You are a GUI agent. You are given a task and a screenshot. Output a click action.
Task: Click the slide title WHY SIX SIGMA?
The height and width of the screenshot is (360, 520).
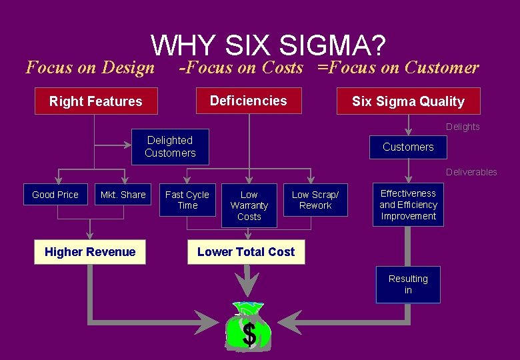[268, 45]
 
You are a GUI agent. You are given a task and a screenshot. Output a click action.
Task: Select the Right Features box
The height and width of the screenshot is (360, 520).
[96, 101]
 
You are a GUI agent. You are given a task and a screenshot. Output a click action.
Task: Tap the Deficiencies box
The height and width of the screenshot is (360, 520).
[248, 101]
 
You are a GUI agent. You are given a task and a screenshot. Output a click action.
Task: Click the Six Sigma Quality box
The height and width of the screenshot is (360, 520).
[408, 101]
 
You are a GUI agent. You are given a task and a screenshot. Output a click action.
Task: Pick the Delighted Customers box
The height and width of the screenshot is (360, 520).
[170, 147]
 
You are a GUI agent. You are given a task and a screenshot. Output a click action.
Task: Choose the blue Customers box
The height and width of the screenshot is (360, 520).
[408, 147]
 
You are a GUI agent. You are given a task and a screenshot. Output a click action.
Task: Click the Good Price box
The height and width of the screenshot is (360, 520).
[55, 195]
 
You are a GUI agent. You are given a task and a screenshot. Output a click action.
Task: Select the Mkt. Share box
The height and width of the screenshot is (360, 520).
[123, 195]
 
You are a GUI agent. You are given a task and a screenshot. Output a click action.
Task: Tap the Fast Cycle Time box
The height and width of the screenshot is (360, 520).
[187, 200]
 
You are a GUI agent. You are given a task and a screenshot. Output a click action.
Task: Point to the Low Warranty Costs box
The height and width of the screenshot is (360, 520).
[249, 205]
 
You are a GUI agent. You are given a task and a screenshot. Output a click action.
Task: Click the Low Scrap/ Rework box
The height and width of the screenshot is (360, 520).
[315, 200]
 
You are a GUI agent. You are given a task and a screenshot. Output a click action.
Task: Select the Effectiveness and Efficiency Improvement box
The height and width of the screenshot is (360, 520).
[408, 205]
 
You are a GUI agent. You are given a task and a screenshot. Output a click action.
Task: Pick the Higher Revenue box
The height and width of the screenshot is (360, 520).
[90, 252]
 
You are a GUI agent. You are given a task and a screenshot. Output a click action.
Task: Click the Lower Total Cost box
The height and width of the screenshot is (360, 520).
[246, 252]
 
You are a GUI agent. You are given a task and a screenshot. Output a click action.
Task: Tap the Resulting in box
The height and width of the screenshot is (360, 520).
[408, 285]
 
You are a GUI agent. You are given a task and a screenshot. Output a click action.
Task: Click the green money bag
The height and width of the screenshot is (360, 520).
[249, 328]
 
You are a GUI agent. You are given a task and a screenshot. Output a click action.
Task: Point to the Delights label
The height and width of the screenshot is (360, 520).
[463, 127]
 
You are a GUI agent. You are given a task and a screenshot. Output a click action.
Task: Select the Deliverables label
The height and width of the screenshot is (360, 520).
[471, 172]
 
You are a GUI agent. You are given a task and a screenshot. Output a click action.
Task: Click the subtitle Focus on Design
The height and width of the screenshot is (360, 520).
[89, 67]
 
